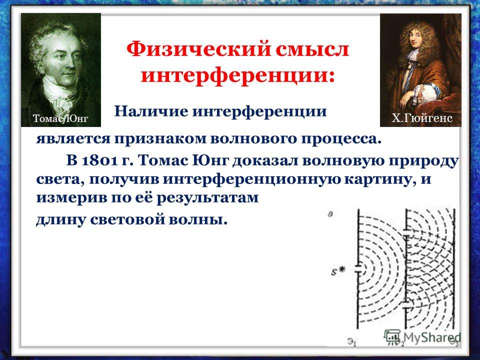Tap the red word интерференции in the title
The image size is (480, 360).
tap(237, 76)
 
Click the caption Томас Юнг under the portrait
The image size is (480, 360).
tap(60, 118)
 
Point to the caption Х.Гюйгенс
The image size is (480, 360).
tap(422, 118)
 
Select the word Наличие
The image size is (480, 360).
tap(151, 111)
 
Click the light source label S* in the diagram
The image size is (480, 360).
tap(338, 270)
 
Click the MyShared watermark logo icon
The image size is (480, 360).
tap(392, 336)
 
